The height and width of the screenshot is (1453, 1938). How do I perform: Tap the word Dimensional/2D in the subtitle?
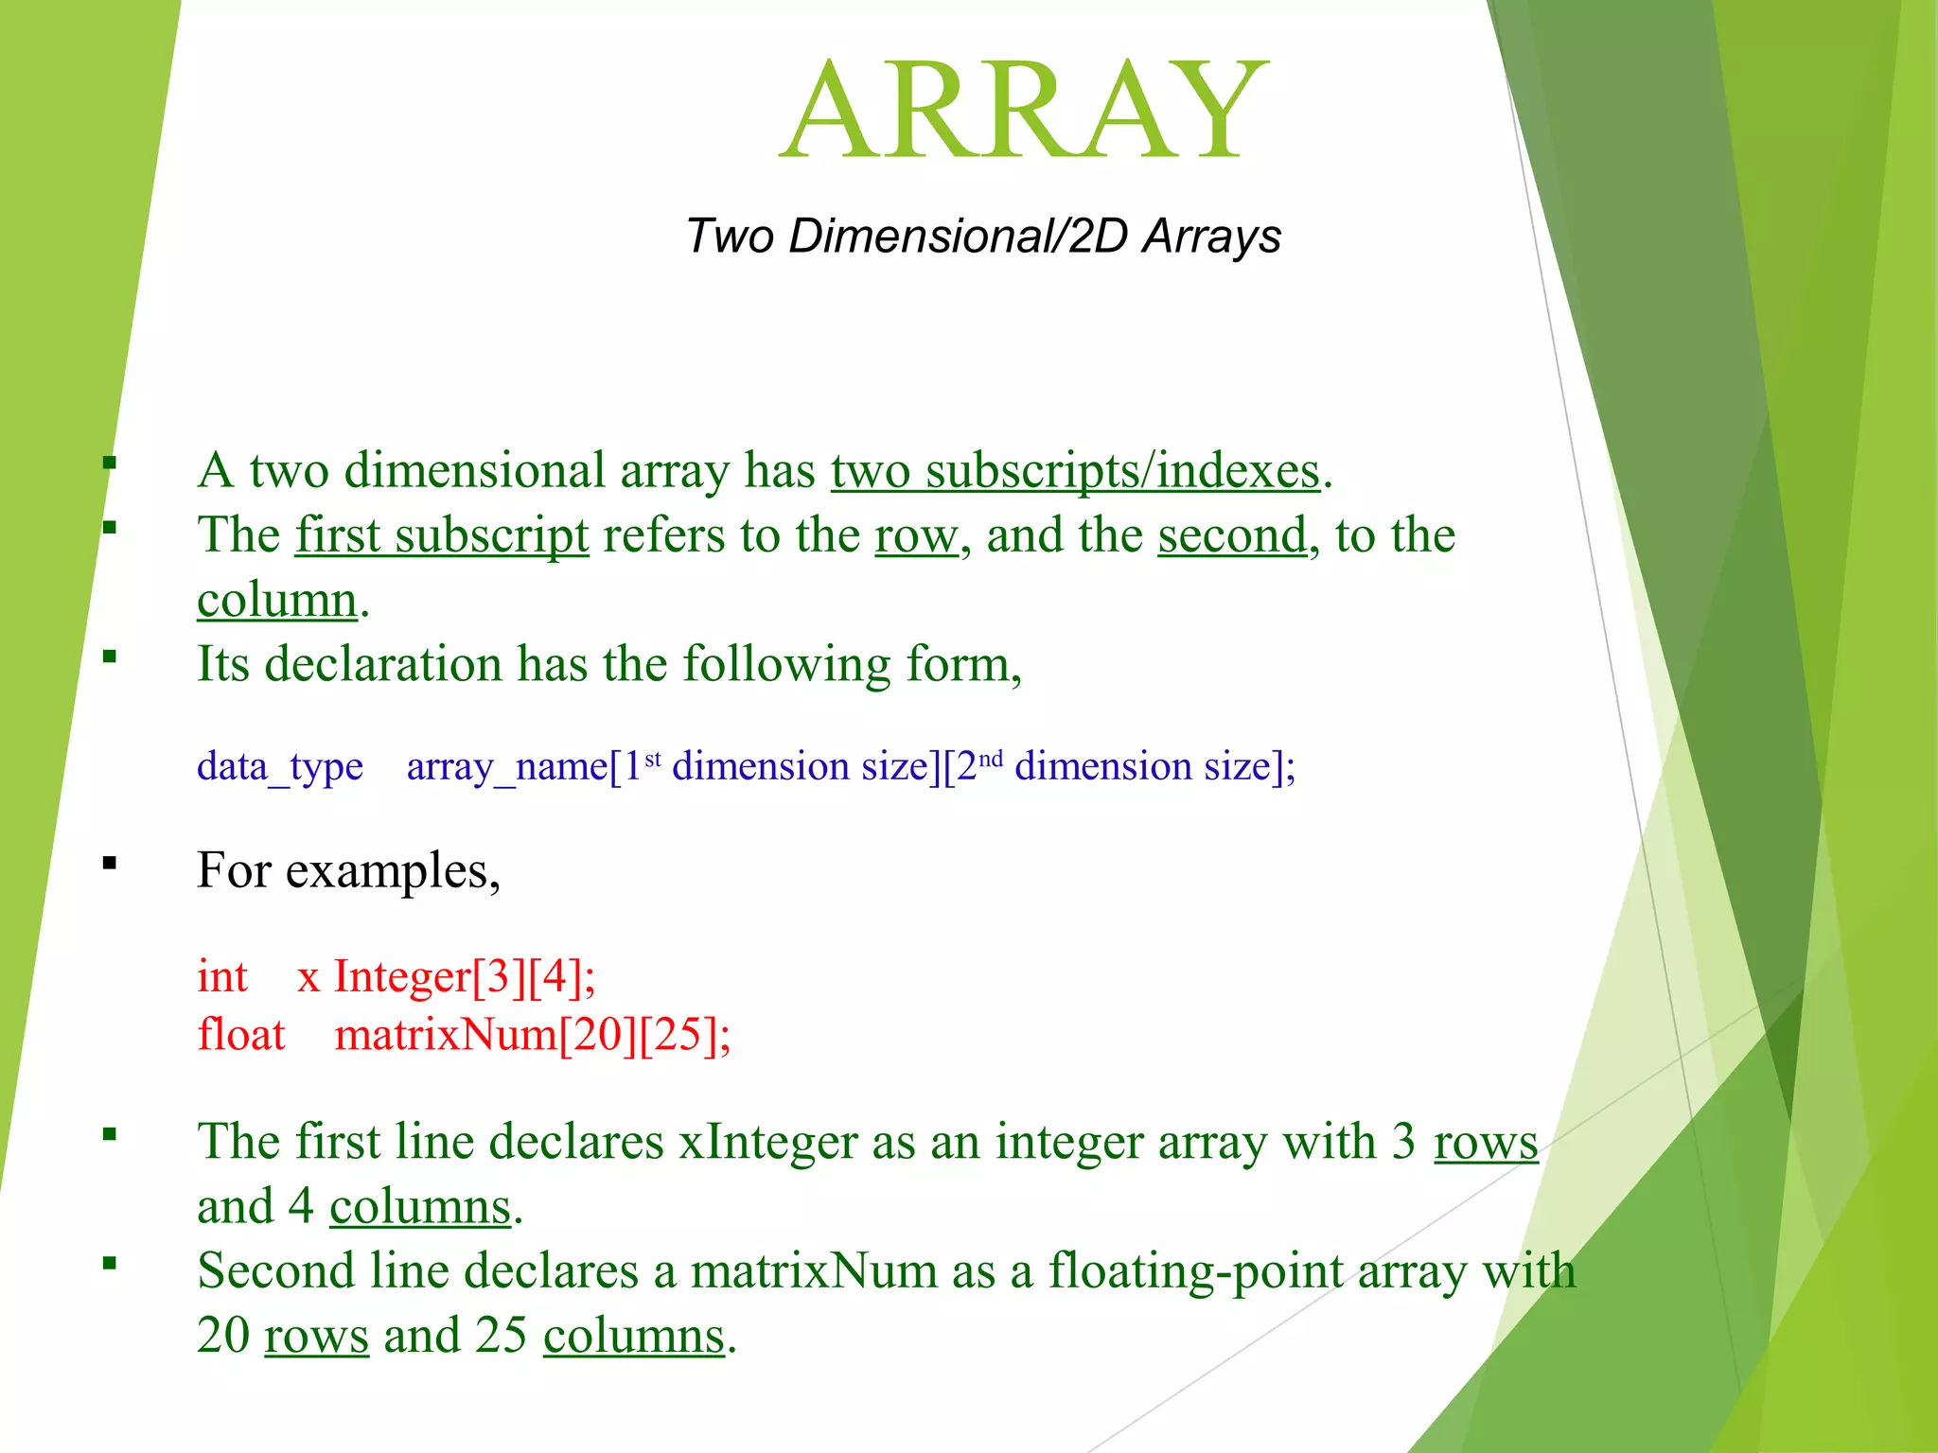click(x=958, y=236)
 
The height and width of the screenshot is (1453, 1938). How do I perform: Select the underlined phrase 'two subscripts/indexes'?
click(x=1075, y=471)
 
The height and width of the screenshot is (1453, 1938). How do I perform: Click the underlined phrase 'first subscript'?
click(x=442, y=535)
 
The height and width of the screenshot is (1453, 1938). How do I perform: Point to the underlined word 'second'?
click(x=1231, y=535)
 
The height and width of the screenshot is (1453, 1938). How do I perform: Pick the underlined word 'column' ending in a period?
click(x=277, y=601)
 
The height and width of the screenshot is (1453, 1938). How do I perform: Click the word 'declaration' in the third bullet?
click(x=383, y=664)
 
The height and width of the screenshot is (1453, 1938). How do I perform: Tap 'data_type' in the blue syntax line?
click(x=280, y=766)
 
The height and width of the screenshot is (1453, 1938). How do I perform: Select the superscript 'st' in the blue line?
click(x=653, y=758)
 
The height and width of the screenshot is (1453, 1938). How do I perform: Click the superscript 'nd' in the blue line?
click(x=990, y=758)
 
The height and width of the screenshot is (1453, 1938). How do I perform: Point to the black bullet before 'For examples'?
click(x=110, y=863)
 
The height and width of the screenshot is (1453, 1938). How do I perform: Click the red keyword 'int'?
click(x=222, y=976)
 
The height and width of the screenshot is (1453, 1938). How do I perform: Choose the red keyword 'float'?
click(x=241, y=1035)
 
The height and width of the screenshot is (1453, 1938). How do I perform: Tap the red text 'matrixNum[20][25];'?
click(x=533, y=1035)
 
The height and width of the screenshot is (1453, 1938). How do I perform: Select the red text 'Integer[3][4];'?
click(x=465, y=976)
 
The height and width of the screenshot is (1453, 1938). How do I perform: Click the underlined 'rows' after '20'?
click(x=316, y=1336)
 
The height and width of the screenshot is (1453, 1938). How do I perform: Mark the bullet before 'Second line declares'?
click(x=110, y=1263)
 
